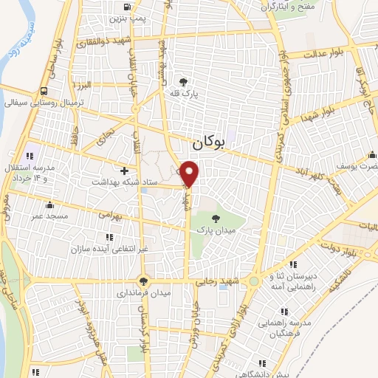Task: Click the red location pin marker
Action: coord(190,173)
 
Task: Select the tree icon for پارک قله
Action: coord(183,82)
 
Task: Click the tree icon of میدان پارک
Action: coord(216,218)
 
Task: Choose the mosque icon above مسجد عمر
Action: coord(49,205)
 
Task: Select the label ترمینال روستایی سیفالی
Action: coord(44,103)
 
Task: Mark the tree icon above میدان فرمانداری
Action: coord(143,281)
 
